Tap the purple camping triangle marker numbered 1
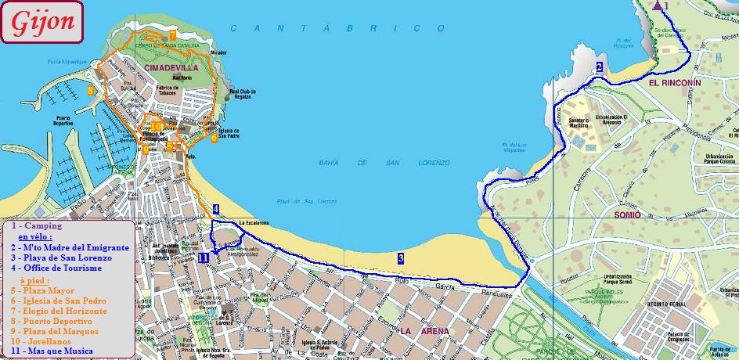point(656,5)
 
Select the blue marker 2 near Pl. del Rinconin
point(599,67)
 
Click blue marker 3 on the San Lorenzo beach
point(401,257)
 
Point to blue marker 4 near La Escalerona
point(216,209)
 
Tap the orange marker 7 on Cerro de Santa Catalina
point(172,34)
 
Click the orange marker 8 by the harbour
point(91,91)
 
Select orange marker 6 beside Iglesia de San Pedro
point(214,138)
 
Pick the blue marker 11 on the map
point(204,257)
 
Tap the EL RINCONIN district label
point(674,82)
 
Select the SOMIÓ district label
point(627,214)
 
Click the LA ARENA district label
point(424,331)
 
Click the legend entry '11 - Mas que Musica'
point(51,351)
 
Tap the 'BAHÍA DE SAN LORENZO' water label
point(384,162)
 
